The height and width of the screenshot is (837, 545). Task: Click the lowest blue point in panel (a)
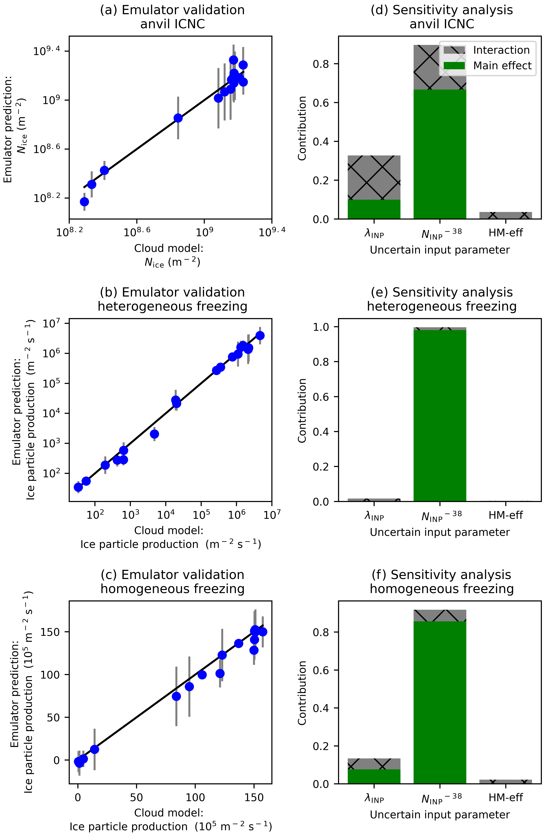[84, 202]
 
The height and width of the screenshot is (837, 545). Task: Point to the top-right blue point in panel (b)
[260, 336]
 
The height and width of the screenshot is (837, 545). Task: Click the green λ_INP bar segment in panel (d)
[374, 209]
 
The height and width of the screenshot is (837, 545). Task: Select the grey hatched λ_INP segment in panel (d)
[374, 178]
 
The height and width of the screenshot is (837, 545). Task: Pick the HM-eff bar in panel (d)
[506, 215]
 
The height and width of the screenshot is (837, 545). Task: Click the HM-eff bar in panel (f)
[506, 781]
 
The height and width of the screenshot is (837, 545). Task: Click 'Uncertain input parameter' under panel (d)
[440, 250]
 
